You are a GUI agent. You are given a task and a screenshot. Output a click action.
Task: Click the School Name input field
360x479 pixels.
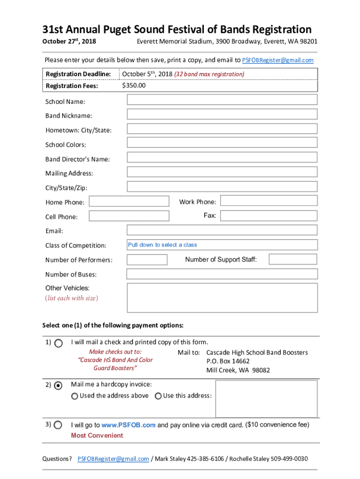[x=222, y=100]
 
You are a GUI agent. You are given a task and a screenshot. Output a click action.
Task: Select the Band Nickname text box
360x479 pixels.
[x=222, y=114]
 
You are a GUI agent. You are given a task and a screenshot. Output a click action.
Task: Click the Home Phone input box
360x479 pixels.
[x=129, y=202]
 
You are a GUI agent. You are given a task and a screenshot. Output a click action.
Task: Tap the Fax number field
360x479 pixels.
[x=269, y=216]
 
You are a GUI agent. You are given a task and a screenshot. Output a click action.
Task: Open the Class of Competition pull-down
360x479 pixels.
[x=222, y=245]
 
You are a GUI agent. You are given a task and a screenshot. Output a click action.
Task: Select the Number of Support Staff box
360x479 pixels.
[x=293, y=260]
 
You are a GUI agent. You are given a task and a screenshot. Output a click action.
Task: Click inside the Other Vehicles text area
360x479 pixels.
[x=222, y=298]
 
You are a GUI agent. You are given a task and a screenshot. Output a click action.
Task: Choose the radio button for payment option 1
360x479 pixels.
[x=58, y=343]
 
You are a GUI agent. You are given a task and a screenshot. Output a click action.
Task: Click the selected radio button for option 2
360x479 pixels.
[x=58, y=385]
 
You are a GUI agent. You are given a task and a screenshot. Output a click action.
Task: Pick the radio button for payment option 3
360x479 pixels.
[x=58, y=425]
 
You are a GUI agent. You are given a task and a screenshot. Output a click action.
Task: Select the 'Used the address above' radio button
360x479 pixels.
[x=75, y=396]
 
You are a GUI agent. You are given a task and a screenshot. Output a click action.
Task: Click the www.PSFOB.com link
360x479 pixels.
[x=129, y=425]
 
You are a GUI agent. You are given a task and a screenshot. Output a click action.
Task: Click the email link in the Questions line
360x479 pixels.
[x=114, y=459]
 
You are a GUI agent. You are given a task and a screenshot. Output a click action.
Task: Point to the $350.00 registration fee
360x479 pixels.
[x=134, y=86]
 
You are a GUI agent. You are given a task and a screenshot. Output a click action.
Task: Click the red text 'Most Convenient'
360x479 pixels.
[x=97, y=435]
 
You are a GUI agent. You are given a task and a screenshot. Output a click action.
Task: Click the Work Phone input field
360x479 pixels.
[x=269, y=201]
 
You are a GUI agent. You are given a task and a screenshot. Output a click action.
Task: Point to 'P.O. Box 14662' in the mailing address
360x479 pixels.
[x=228, y=361]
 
